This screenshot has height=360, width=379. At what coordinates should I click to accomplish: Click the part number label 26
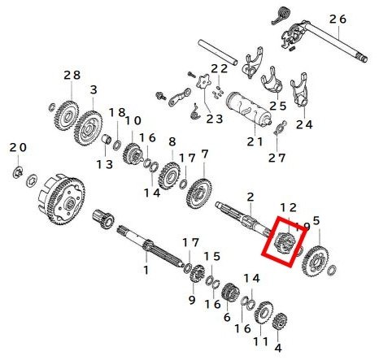click(x=338, y=20)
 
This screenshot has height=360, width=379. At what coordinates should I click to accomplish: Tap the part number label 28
click(x=72, y=75)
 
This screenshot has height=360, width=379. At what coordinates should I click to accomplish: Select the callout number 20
click(x=18, y=148)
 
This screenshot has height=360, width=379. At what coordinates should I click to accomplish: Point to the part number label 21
click(x=255, y=141)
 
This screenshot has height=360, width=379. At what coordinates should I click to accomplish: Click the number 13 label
click(x=105, y=164)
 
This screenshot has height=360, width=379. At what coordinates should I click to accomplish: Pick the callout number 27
click(x=277, y=158)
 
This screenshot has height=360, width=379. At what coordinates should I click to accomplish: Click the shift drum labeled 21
click(x=248, y=109)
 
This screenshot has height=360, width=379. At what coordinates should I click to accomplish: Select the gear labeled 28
click(x=67, y=115)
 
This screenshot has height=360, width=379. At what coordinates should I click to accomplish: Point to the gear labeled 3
click(x=88, y=128)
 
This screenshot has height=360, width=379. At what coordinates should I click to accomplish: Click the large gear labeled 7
click(x=199, y=193)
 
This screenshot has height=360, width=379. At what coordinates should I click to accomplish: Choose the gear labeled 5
click(x=316, y=261)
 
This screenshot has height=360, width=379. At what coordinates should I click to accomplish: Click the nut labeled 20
click(x=18, y=172)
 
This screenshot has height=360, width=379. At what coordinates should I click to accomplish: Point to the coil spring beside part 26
click(x=281, y=15)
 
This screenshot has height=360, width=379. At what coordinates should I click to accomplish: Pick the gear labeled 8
click(x=169, y=176)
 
